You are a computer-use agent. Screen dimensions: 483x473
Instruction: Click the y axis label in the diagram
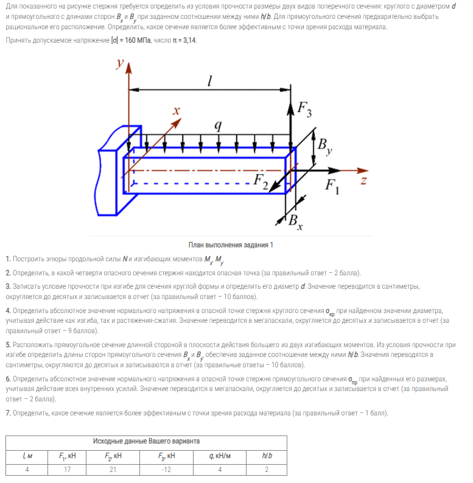121,63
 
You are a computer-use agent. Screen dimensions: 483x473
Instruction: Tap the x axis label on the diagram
177,111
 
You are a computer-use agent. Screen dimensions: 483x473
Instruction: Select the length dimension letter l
209,80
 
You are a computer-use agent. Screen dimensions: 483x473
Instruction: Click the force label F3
304,110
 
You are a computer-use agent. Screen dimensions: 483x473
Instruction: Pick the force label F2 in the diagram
261,181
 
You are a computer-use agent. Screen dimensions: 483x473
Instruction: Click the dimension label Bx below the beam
295,221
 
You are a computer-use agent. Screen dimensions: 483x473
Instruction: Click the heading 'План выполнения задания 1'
231,245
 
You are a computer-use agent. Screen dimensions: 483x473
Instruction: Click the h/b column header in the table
267,455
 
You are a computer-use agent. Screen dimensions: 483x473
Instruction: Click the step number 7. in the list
8,413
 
